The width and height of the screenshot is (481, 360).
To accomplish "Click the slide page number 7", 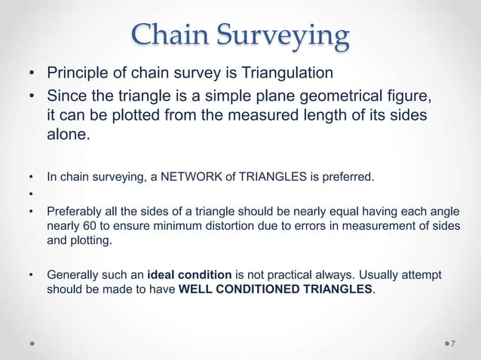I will (455, 343).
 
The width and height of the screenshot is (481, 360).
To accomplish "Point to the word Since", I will (65, 96).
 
